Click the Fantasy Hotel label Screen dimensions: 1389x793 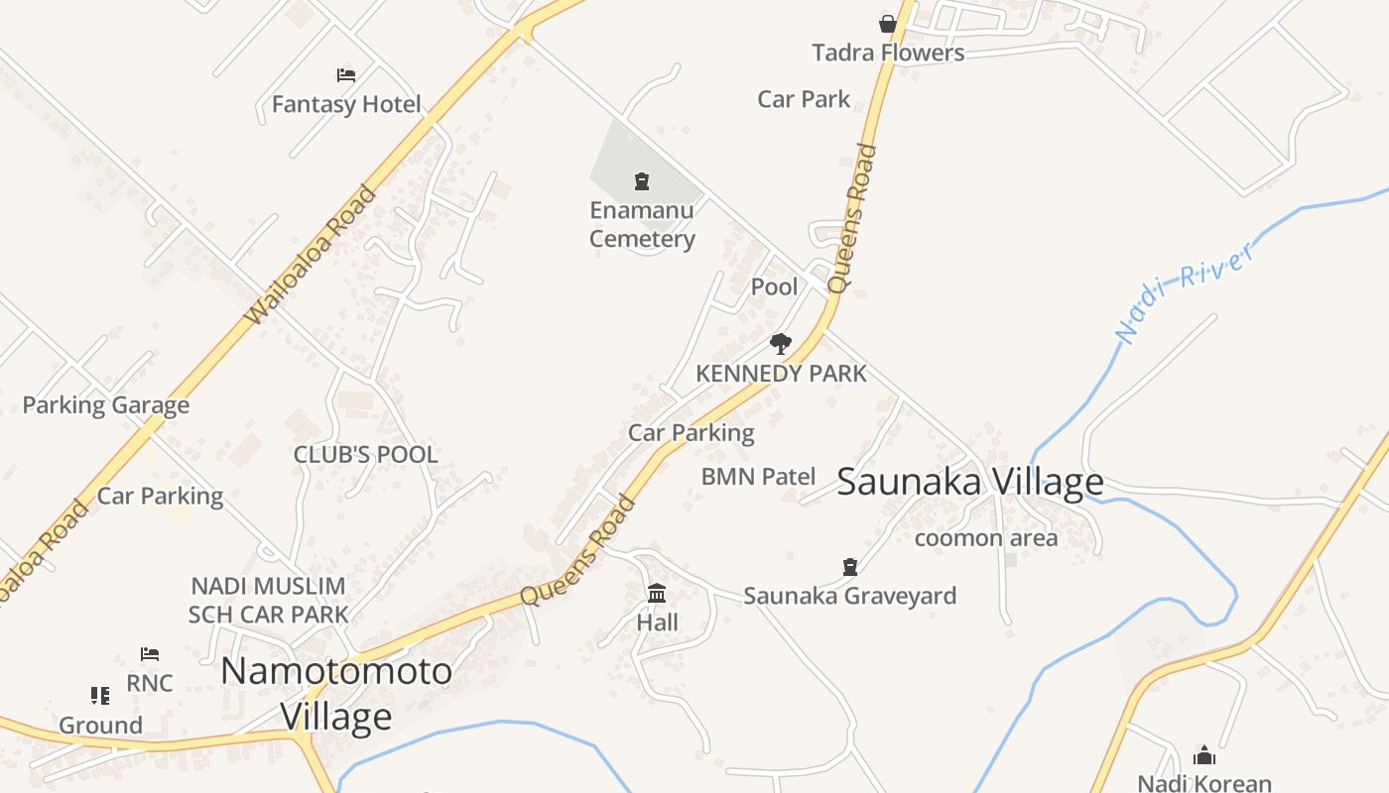(346, 104)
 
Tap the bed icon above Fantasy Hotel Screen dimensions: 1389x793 (346, 75)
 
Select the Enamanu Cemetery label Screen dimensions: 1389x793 (642, 224)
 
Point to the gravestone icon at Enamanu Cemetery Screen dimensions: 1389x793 (642, 181)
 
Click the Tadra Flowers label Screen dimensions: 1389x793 (888, 53)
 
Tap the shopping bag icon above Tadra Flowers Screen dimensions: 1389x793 (888, 24)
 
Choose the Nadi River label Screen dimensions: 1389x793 (1186, 292)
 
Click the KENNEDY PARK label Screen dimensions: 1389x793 (781, 374)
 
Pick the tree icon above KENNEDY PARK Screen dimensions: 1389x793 (781, 344)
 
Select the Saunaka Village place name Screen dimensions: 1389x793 (969, 483)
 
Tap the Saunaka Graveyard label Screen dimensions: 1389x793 (849, 596)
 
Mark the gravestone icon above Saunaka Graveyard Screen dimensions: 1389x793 (849, 567)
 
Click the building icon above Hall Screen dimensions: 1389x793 (657, 594)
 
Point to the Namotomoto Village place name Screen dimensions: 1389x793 (336, 693)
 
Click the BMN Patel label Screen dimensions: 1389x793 (758, 477)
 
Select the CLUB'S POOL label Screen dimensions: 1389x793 (365, 455)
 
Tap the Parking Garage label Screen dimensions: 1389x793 (105, 405)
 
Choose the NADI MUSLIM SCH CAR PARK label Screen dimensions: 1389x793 (268, 601)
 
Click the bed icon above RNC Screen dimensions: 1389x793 (150, 654)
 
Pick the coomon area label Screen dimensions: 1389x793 (985, 538)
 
